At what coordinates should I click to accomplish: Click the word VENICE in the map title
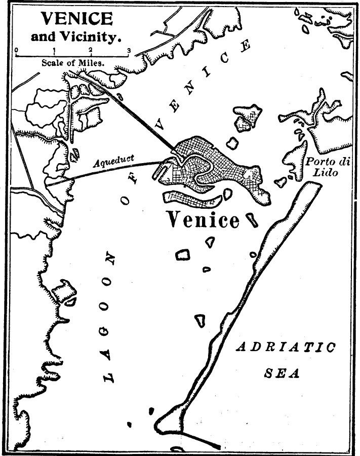(76, 19)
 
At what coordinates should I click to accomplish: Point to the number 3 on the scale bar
(129, 50)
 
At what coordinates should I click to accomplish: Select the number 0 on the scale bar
(16, 50)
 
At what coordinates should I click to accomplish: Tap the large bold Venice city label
(203, 220)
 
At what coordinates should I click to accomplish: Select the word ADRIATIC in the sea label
(286, 348)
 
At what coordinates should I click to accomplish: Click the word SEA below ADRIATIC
(282, 374)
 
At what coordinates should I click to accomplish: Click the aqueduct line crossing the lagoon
(111, 169)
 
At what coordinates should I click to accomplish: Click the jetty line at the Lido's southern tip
(200, 440)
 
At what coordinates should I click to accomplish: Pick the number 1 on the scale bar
(54, 50)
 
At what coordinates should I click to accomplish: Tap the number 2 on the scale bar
(91, 50)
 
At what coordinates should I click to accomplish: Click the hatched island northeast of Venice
(248, 118)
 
